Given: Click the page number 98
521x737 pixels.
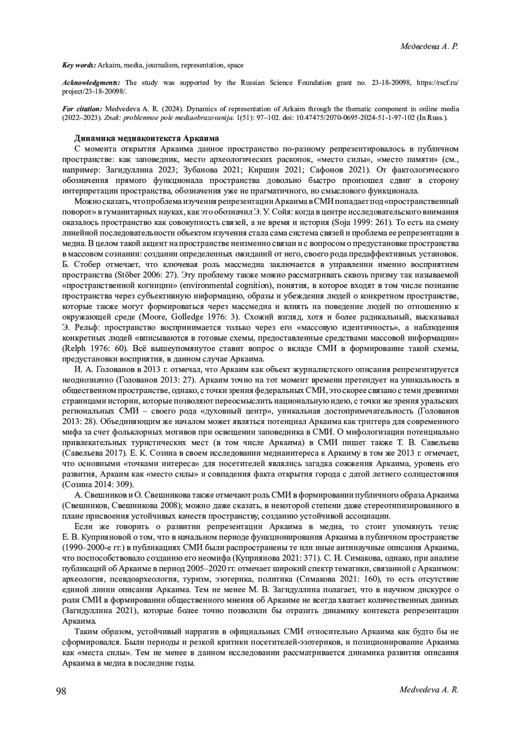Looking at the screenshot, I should [61, 691].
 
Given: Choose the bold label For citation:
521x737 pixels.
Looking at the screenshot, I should [82, 108].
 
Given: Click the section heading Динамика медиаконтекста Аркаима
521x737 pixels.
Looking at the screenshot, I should [146, 138].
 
